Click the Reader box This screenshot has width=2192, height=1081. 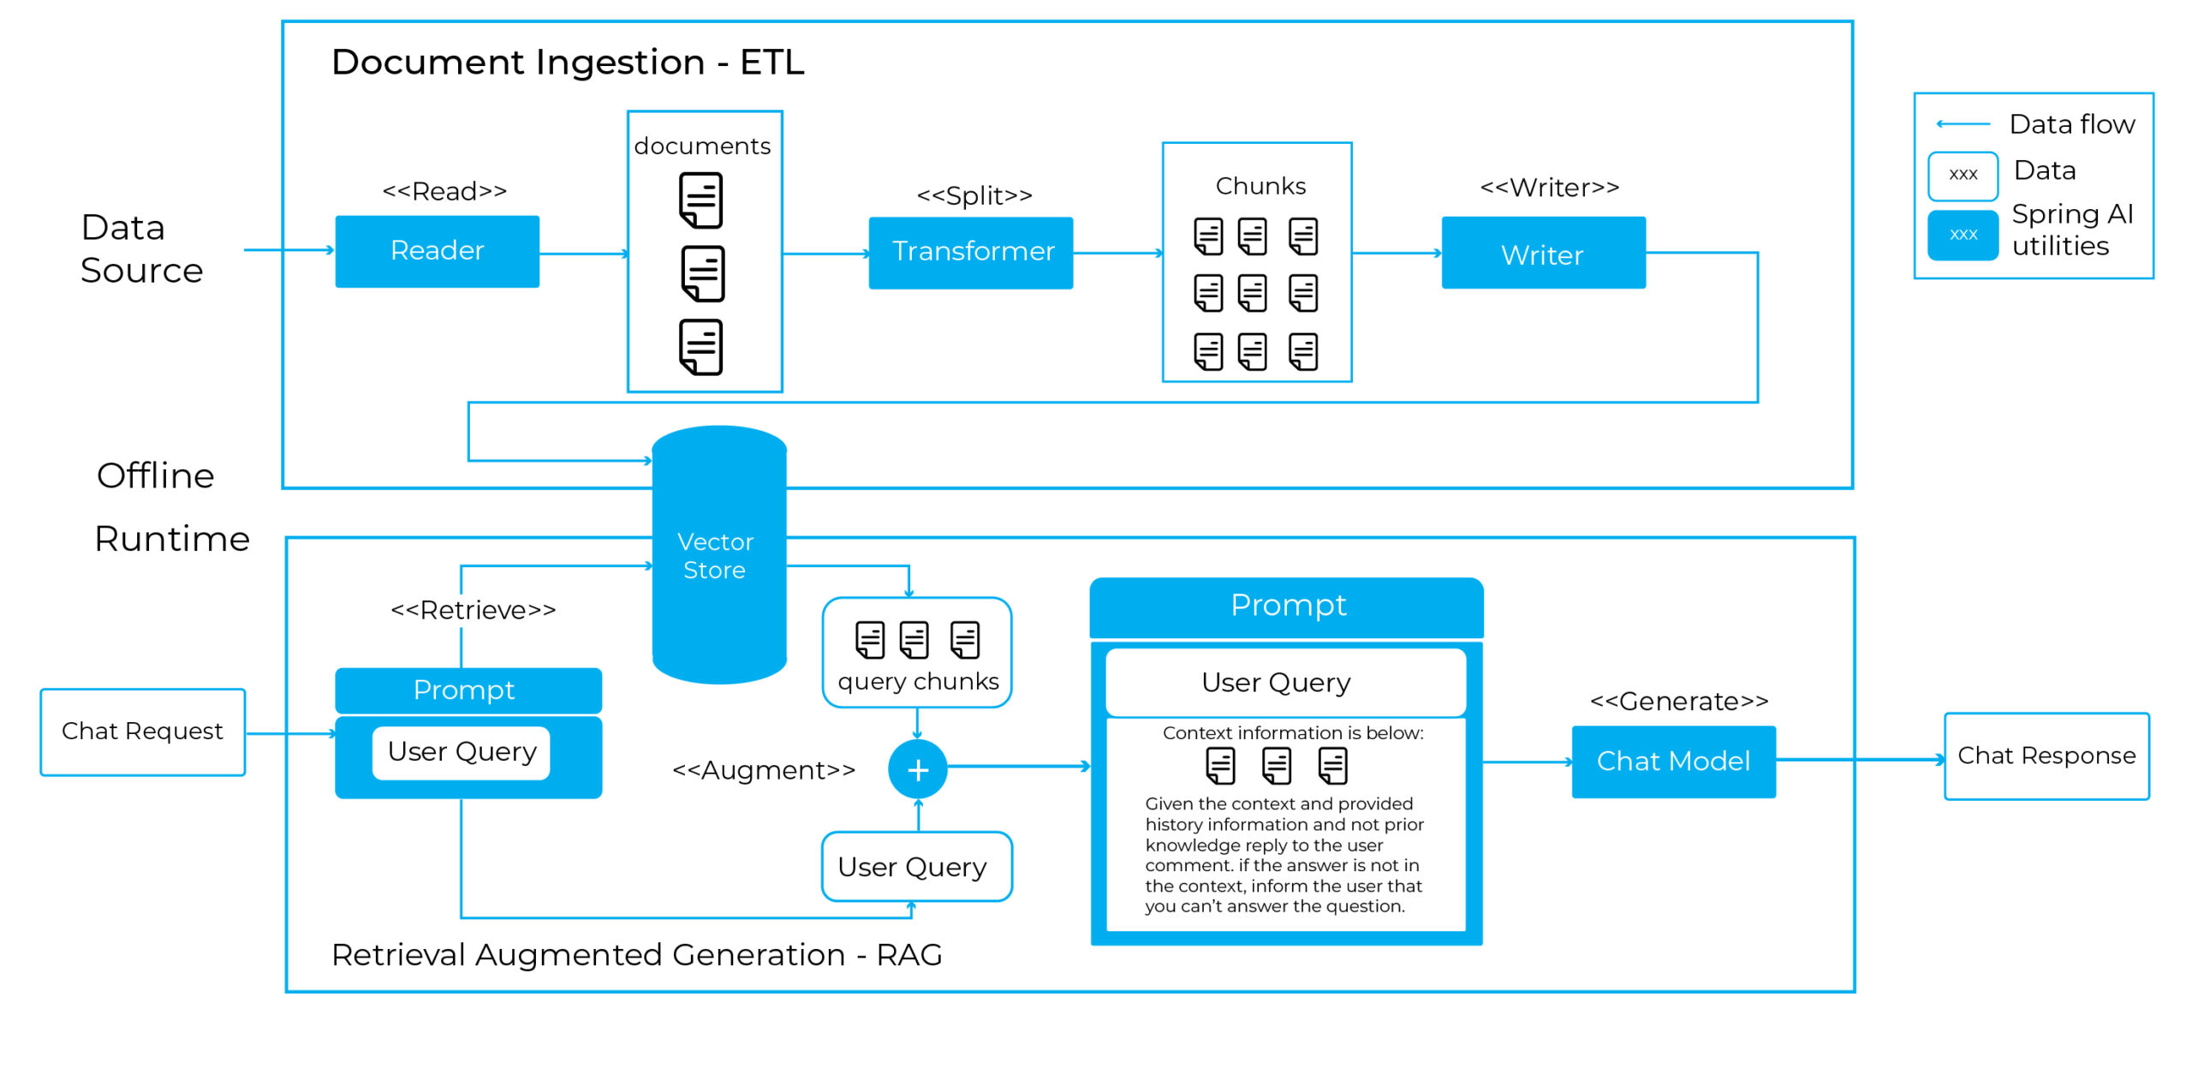coord(437,251)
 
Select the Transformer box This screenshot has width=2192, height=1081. coord(970,253)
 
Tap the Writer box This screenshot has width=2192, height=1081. coord(1543,253)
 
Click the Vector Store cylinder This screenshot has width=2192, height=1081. coord(719,555)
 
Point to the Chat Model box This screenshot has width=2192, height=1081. coord(1673,761)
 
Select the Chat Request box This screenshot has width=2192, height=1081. coord(143,732)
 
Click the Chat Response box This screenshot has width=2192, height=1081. coord(2046,756)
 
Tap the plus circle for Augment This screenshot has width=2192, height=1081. coord(917,769)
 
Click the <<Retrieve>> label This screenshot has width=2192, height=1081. coord(474,610)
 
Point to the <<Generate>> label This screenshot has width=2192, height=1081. coord(1679,702)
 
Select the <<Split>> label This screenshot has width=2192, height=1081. coord(974,195)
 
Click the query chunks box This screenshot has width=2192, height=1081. coord(917,653)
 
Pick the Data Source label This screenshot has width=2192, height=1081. coord(141,249)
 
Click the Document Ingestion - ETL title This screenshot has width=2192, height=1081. coord(568,63)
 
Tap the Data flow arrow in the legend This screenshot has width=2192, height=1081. coord(1963,124)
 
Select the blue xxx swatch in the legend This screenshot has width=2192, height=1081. coord(1963,235)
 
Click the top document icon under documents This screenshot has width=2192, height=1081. coord(701,200)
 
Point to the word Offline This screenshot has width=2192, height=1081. coord(155,475)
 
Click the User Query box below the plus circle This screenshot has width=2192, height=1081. coord(916,867)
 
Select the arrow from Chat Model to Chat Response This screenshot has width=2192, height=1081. coord(1861,760)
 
